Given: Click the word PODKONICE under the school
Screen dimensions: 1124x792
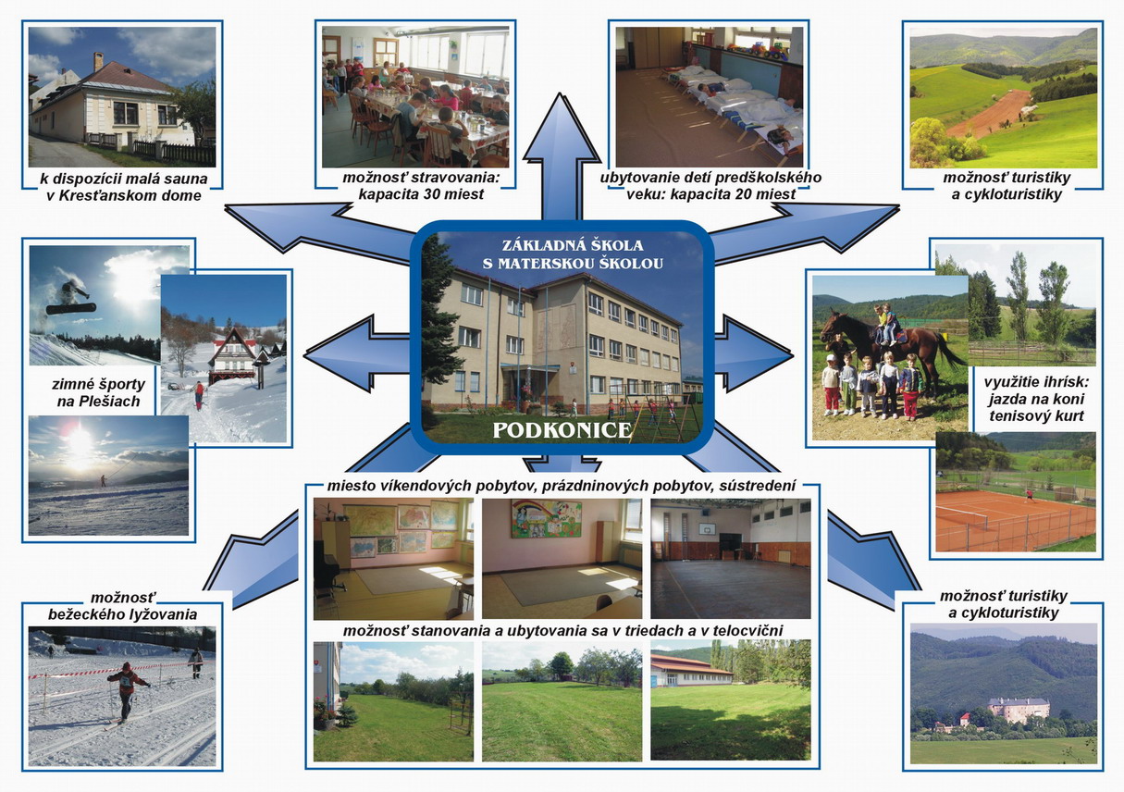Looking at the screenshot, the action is point(562,430).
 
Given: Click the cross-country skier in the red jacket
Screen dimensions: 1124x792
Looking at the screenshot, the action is point(127,692).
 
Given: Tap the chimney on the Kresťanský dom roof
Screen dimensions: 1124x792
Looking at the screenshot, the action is point(98,61).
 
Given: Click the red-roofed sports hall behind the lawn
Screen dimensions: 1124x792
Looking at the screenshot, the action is point(692,670).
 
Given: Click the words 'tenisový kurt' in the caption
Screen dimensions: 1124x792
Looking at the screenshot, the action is point(1036,416).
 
